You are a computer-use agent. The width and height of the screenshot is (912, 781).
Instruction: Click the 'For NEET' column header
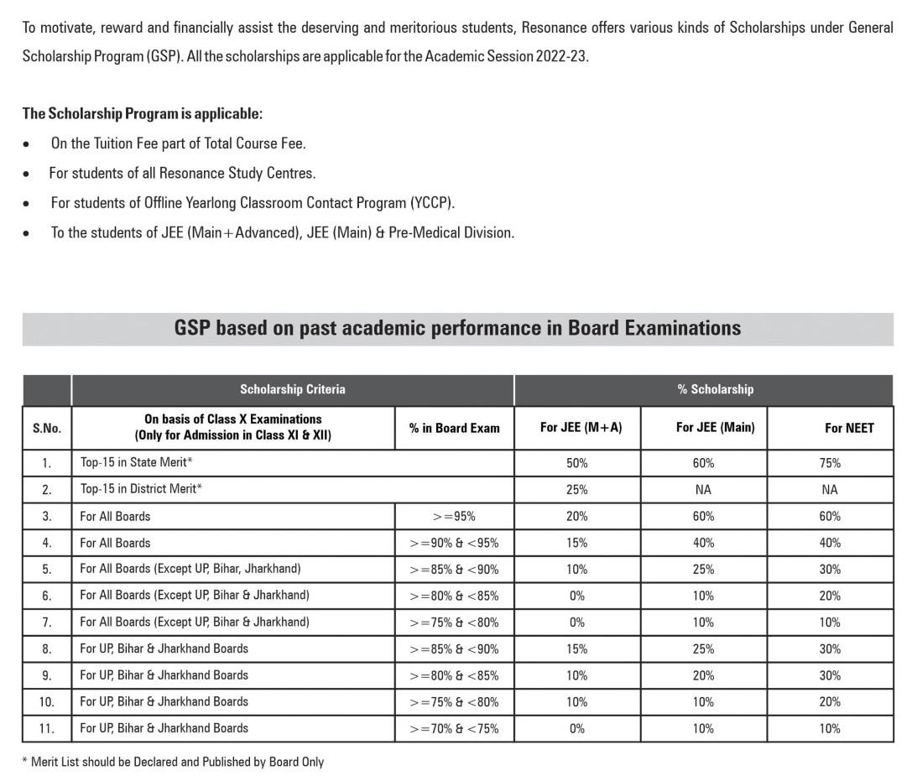848,428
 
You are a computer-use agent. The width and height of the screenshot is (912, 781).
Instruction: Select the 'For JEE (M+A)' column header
581,428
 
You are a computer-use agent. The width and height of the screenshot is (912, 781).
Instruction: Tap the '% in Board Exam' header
454,428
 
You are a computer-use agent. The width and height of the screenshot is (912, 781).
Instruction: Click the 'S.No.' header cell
47,428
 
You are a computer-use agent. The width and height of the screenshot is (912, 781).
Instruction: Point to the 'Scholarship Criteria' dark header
292,389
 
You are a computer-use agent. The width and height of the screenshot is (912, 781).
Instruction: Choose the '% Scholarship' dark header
715,389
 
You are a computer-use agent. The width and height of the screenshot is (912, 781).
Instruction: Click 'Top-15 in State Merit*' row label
137,463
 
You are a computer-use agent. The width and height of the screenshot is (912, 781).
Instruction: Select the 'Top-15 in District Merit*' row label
141,489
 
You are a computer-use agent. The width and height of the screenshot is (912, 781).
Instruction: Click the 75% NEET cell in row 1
830,463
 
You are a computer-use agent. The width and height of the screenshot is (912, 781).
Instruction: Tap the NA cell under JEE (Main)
703,489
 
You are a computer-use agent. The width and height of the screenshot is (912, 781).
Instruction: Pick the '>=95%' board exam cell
454,516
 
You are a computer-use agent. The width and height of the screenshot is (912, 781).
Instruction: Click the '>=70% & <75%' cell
454,728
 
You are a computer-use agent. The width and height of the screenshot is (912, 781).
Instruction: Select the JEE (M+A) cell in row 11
576,728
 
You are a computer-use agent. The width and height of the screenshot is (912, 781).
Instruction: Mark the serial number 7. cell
47,622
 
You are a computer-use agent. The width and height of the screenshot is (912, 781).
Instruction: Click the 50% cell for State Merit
576,463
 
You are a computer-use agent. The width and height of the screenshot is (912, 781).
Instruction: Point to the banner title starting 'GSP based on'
457,328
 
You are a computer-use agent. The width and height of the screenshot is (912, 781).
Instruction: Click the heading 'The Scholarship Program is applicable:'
142,113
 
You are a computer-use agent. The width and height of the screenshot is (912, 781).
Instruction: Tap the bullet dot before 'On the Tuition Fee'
28,144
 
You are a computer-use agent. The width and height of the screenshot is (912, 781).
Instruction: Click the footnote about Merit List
173,762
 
